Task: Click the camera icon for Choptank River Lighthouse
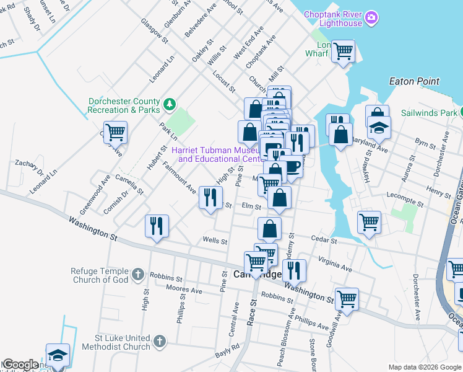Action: [371, 17]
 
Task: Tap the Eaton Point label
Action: [414, 81]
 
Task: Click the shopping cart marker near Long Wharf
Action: [343, 51]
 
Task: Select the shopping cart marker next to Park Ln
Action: [115, 132]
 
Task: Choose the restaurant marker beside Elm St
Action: [210, 197]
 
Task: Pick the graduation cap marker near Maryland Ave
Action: [378, 128]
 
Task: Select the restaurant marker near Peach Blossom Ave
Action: [294, 270]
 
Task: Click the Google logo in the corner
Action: [20, 365]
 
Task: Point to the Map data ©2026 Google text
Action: [424, 367]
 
